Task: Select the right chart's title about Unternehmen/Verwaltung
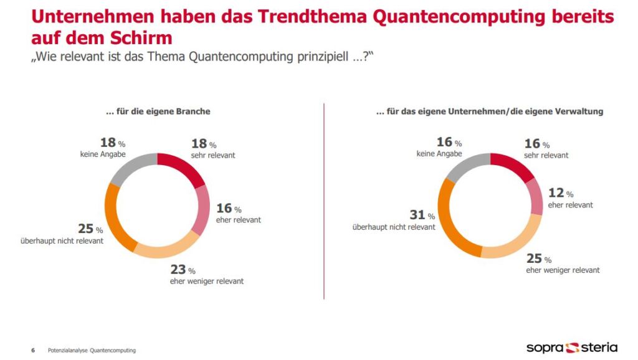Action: coord(490,111)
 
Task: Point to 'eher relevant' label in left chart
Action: coord(238,220)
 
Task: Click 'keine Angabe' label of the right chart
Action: coord(439,154)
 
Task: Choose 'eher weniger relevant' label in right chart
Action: coord(563,270)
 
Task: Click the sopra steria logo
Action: coord(571,346)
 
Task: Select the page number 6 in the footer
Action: coord(33,350)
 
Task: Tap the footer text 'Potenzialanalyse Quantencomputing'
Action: coord(92,350)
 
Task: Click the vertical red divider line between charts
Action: coord(324,199)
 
